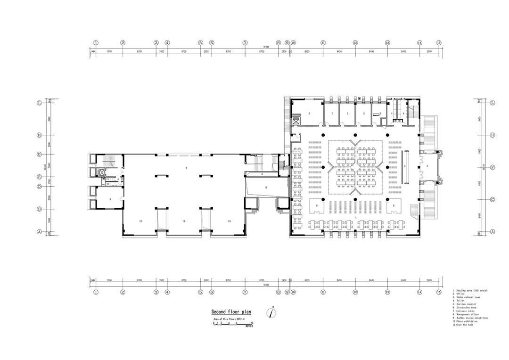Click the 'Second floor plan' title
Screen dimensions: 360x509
point(231,311)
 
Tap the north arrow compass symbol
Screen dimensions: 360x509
point(272,312)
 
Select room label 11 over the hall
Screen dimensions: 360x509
point(266,188)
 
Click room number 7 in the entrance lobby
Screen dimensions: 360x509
point(427,167)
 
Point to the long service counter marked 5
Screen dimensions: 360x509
point(405,167)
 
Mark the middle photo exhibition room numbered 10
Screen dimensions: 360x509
point(184,221)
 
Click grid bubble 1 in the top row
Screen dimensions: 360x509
point(96,42)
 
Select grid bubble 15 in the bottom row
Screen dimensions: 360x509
point(439,292)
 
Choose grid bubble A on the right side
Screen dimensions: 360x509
point(493,231)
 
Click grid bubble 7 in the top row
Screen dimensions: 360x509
point(245,42)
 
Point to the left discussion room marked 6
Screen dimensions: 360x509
point(317,206)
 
